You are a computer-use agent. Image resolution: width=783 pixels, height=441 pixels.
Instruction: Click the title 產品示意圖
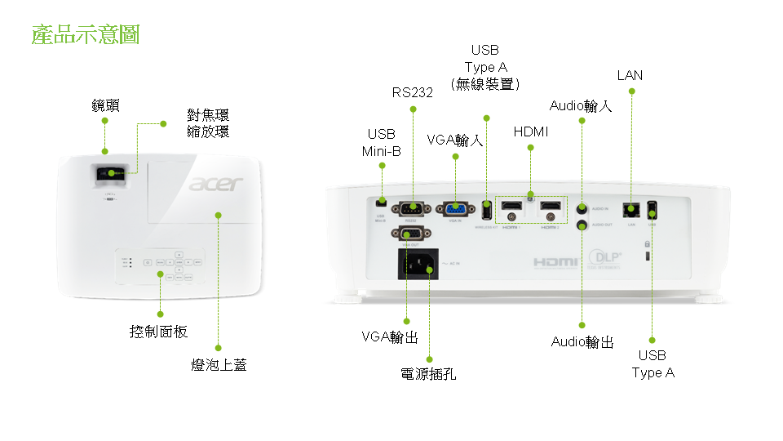(86, 34)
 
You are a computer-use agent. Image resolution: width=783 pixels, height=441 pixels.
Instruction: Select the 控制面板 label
(159, 332)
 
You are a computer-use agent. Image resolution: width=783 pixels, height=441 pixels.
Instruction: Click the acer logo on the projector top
(216, 184)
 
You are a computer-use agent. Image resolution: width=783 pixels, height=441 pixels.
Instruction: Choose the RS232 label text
(412, 92)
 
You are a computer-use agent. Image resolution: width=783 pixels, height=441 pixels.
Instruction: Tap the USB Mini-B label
(381, 142)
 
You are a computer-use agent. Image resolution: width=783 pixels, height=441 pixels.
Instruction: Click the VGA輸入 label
(455, 140)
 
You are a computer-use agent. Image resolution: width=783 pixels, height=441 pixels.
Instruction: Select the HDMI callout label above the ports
(531, 131)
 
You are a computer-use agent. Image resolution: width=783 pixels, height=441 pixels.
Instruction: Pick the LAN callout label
(630, 75)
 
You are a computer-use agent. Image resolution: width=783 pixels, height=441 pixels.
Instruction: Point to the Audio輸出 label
(582, 341)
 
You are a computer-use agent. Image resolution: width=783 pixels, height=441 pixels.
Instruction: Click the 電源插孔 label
(429, 374)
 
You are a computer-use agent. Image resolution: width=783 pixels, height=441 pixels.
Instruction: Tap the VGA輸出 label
(390, 336)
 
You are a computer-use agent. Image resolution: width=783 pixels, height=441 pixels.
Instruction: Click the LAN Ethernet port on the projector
(630, 209)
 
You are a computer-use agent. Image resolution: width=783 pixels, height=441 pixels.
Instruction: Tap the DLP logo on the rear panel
(605, 258)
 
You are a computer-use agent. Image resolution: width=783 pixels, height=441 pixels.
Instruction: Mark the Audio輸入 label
(581, 105)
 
